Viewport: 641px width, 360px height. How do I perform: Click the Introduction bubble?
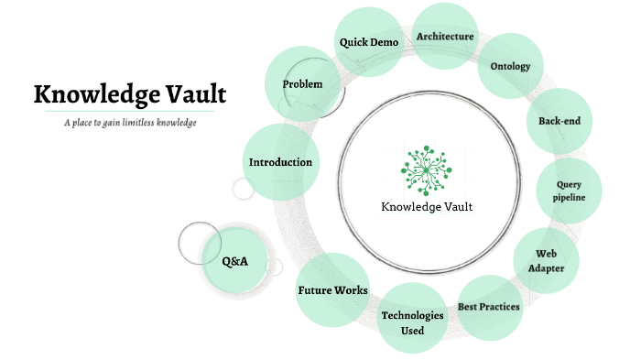(x=281, y=162)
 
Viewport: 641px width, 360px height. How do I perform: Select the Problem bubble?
(x=302, y=84)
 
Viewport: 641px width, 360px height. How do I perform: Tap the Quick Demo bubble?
(x=368, y=42)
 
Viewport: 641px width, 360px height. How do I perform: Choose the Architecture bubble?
(x=445, y=37)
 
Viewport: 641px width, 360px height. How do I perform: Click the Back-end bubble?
(x=560, y=121)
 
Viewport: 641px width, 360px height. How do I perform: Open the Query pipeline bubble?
(x=568, y=191)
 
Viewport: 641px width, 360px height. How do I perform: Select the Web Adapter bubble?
(x=546, y=260)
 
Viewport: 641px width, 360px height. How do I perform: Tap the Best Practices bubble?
(x=489, y=307)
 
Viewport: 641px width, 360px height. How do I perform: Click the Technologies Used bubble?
(x=412, y=322)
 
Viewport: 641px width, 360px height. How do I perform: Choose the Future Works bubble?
(x=332, y=290)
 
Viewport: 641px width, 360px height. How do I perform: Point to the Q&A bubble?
(x=235, y=262)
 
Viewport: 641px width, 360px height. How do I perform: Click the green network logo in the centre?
(x=426, y=167)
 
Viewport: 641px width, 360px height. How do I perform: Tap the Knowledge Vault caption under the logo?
(x=427, y=206)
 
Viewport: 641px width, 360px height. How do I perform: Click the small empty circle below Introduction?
(x=244, y=190)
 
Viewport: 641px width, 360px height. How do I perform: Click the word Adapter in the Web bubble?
(x=546, y=268)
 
